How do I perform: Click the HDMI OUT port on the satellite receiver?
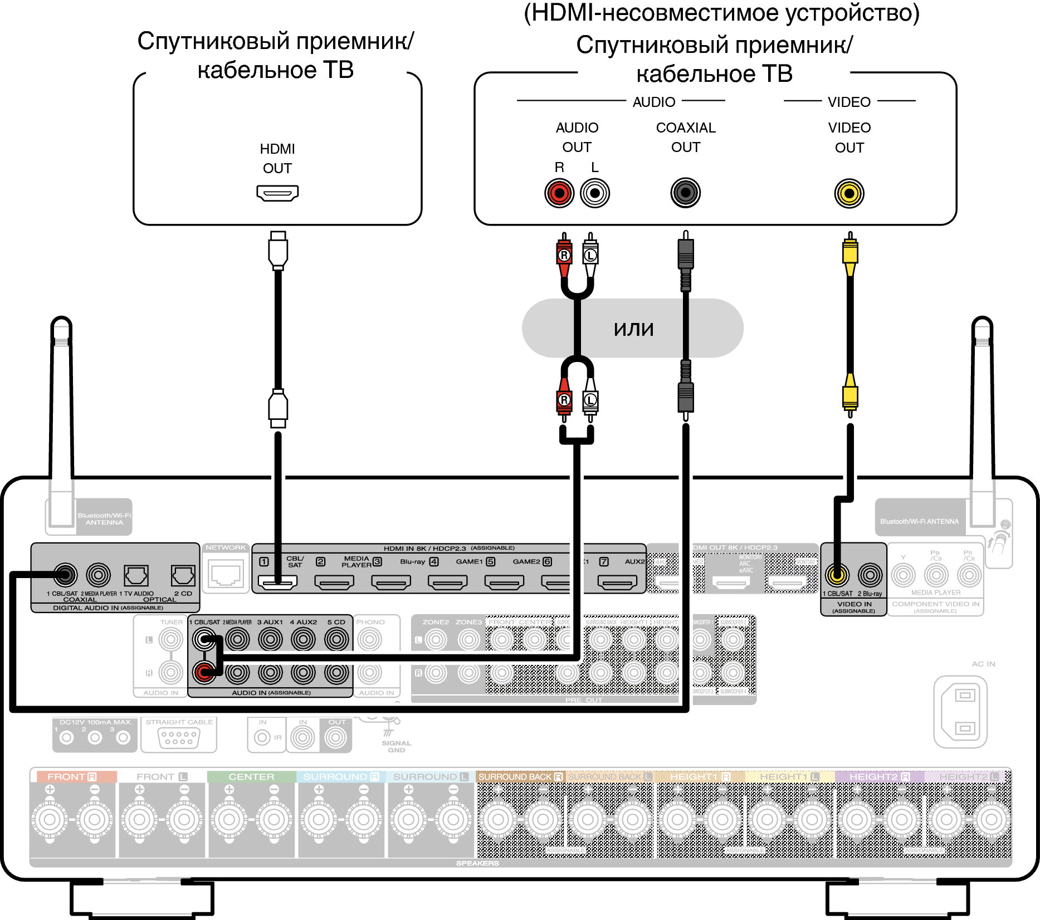[277, 193]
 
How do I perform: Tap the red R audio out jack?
[559, 193]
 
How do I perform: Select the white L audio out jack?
[595, 193]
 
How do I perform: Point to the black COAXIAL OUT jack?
[686, 193]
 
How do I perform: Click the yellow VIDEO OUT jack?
[849, 193]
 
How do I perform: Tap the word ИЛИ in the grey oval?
[633, 329]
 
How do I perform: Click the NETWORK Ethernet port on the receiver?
[226, 574]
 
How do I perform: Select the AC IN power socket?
[960, 711]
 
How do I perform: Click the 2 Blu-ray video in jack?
[870, 574]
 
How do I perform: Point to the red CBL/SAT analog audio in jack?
[204, 673]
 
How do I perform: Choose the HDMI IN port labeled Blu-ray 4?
[448, 583]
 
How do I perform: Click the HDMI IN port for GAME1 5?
[504, 583]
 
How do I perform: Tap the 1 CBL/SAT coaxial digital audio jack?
[65, 574]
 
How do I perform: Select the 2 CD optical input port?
[183, 575]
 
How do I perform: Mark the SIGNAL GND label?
[396, 746]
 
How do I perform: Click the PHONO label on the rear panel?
[370, 622]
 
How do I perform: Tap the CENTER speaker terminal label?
[251, 776]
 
